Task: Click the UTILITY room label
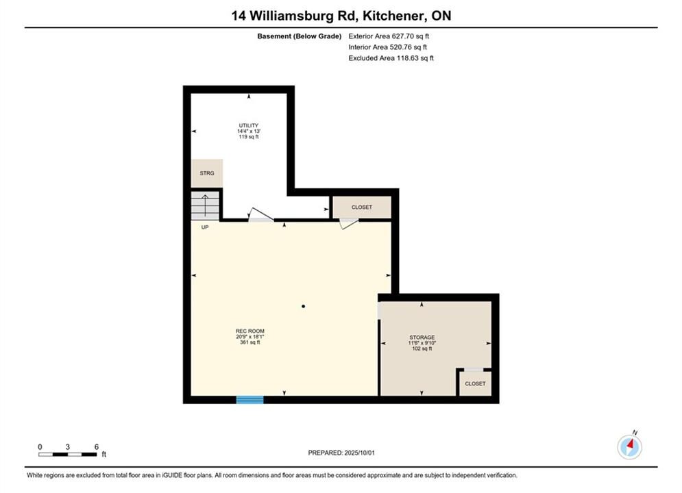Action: [249, 125]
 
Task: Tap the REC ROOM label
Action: [250, 331]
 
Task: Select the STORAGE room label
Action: [422, 337]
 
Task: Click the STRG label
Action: [207, 173]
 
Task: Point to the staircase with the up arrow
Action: [206, 205]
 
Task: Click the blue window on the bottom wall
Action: [249, 400]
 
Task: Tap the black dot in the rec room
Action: [303, 306]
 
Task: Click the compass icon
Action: [629, 446]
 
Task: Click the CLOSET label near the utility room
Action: [362, 207]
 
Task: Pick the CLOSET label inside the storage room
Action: [475, 383]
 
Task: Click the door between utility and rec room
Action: [260, 216]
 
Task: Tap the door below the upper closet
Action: [349, 223]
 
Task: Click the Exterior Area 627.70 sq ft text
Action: [389, 36]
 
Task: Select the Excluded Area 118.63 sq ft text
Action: [391, 58]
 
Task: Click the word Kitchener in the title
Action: [394, 16]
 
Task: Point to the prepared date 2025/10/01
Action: [359, 453]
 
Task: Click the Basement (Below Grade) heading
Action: [300, 36]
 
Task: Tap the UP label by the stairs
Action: [205, 227]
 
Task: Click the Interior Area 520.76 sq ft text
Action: [387, 47]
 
